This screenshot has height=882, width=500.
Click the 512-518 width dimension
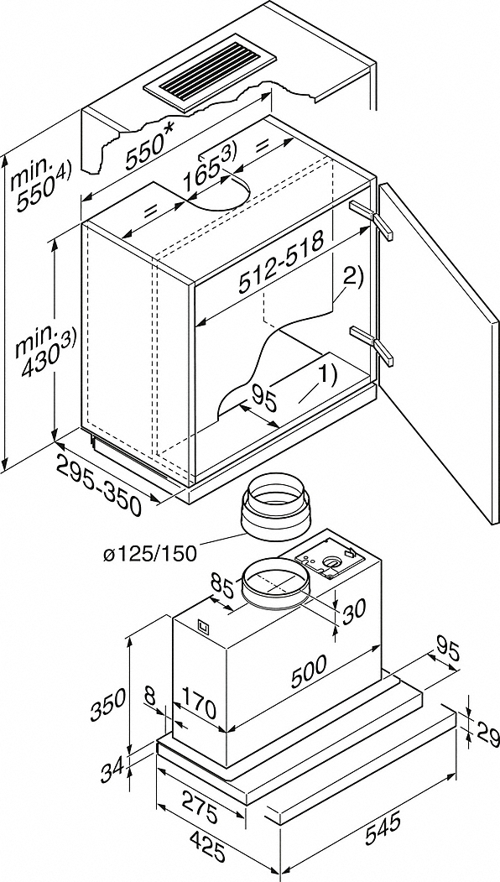[282, 262]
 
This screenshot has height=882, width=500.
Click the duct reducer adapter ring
[275, 504]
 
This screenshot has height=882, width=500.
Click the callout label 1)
[327, 376]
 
